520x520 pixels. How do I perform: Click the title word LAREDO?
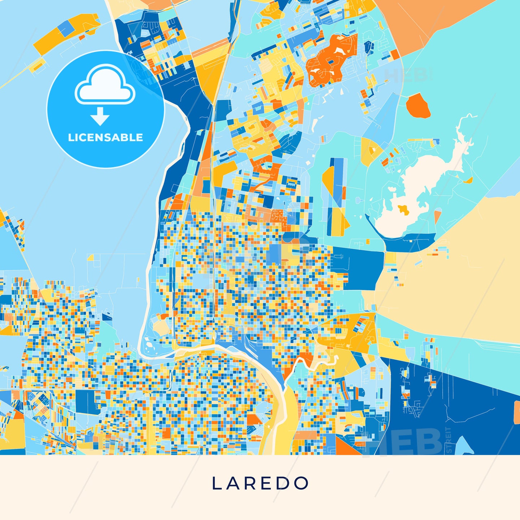click(x=260, y=483)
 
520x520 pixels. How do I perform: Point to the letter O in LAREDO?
click(x=302, y=483)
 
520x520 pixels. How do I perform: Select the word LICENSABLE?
click(x=105, y=138)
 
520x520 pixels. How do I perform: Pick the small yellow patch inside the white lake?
click(x=403, y=209)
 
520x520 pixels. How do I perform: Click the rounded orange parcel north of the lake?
click(x=418, y=106)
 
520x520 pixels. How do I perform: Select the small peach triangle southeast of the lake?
click(x=437, y=216)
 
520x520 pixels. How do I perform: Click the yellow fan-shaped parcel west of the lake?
click(x=370, y=150)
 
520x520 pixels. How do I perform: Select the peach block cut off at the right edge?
click(x=517, y=412)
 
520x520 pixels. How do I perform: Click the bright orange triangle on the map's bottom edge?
click(x=345, y=447)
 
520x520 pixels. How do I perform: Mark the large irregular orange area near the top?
click(x=330, y=61)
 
